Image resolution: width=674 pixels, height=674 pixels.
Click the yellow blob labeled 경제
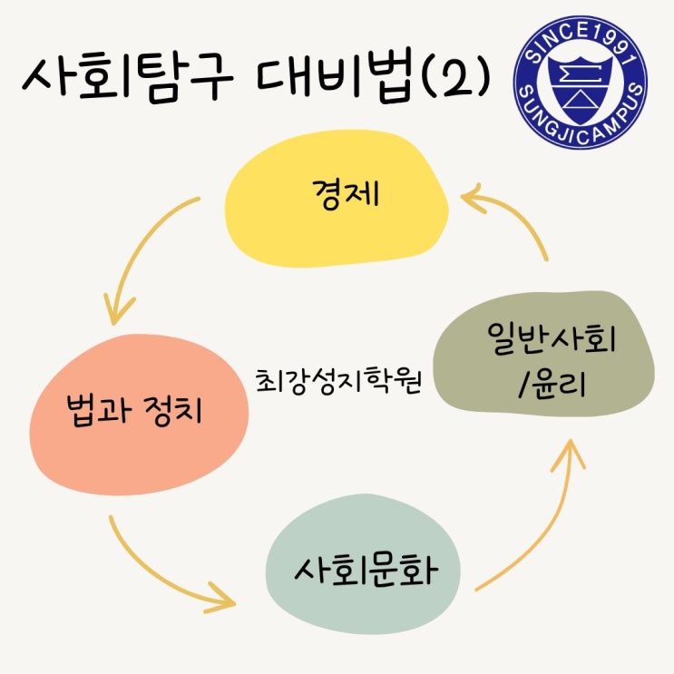(337, 208)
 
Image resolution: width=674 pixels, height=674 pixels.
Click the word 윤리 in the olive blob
(558, 387)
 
